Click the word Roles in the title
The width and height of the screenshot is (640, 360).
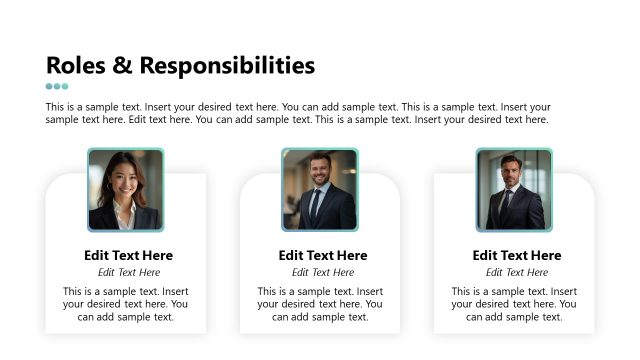tap(76, 66)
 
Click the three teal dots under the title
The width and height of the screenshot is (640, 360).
tap(57, 86)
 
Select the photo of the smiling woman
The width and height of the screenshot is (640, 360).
tap(125, 190)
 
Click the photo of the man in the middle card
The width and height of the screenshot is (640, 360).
tap(319, 190)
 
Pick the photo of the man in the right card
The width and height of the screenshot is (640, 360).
tap(513, 190)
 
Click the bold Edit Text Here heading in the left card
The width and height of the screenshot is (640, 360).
tap(129, 255)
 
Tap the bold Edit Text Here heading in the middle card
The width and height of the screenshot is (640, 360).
tap(323, 255)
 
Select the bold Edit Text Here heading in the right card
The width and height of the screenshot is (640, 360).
tap(517, 255)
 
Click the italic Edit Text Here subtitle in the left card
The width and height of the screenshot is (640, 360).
tap(129, 272)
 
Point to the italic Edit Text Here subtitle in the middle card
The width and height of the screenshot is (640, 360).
tap(323, 272)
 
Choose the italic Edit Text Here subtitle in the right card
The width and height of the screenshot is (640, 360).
tap(517, 272)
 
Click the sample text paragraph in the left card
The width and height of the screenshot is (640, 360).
tap(125, 304)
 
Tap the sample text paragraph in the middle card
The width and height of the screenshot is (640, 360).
tap(320, 304)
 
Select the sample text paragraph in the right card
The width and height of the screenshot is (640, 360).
tap(514, 304)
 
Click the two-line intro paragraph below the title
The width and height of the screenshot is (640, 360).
tap(298, 113)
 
